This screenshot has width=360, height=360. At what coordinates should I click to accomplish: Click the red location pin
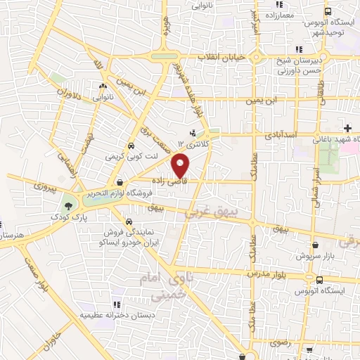[181, 166]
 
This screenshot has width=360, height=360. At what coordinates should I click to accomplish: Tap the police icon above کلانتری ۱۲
[193, 133]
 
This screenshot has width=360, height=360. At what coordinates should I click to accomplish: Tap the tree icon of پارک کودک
[68, 207]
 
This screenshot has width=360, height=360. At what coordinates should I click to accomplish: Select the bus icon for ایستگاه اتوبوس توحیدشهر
[328, 11]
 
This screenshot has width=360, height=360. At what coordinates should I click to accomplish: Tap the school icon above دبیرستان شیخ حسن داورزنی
[299, 49]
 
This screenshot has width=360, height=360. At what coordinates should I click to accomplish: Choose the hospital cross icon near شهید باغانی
[347, 127]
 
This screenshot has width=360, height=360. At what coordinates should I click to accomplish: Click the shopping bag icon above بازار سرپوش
[314, 245]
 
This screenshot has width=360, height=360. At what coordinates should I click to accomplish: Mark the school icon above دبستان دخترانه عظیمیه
[117, 304]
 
